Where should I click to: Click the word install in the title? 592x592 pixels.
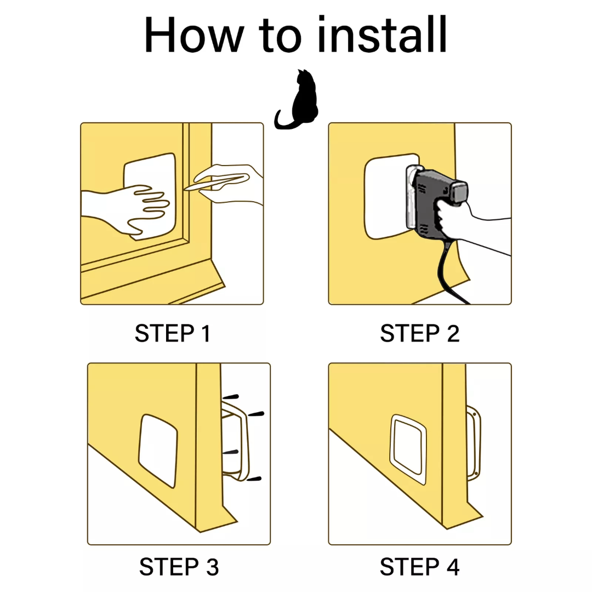click(x=383, y=35)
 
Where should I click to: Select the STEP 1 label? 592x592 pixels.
click(x=173, y=333)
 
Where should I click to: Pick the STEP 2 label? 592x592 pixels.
click(x=420, y=333)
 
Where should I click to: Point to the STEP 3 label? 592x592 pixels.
click(x=179, y=567)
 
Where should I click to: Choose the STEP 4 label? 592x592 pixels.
click(x=420, y=567)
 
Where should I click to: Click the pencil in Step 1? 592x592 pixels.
click(x=215, y=182)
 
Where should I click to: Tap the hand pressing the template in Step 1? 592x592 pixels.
click(x=124, y=208)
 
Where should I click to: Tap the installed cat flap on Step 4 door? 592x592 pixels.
click(x=408, y=449)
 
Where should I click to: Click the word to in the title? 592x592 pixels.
click(x=280, y=35)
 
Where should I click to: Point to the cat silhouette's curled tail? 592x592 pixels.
click(x=285, y=121)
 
